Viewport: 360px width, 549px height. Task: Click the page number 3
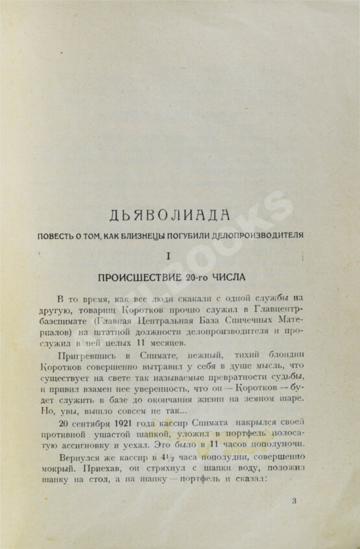[294, 500]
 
